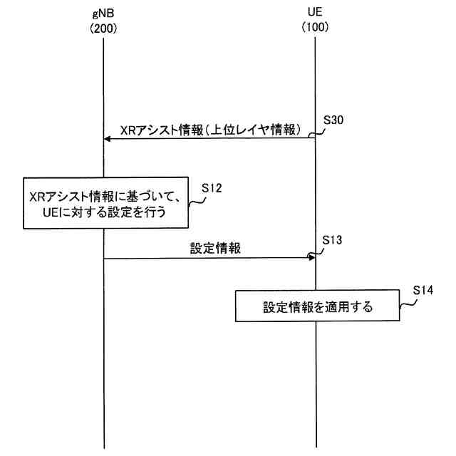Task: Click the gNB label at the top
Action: (103, 14)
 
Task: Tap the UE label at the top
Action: (315, 14)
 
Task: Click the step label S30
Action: (333, 120)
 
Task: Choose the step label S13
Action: (333, 240)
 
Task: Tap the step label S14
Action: (423, 291)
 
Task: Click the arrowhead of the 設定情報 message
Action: (311, 259)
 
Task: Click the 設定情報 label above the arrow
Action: (215, 249)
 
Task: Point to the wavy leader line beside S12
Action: (197, 200)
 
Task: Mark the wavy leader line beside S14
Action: (408, 304)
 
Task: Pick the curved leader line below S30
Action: (320, 132)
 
